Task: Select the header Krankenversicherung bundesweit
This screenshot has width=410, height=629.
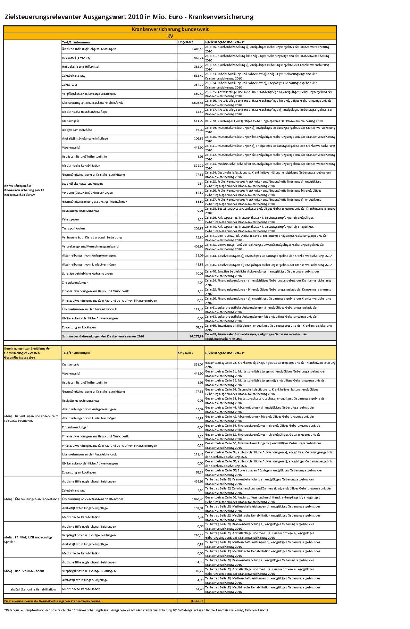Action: click(170, 30)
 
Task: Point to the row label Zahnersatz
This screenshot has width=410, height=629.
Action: click(69, 85)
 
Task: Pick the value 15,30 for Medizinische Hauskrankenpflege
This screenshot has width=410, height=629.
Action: click(199, 112)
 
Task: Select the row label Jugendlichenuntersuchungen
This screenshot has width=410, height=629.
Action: click(82, 184)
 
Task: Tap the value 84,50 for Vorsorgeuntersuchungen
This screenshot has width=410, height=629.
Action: click(199, 193)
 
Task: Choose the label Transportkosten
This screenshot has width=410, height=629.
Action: click(73, 228)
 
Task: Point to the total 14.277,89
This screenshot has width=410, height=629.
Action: click(196, 336)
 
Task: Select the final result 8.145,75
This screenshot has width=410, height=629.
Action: click(197, 601)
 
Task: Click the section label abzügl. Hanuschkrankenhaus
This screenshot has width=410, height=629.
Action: click(24, 571)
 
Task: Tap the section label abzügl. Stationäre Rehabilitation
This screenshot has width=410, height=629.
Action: click(33, 589)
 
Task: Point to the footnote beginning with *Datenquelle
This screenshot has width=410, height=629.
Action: click(136, 610)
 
